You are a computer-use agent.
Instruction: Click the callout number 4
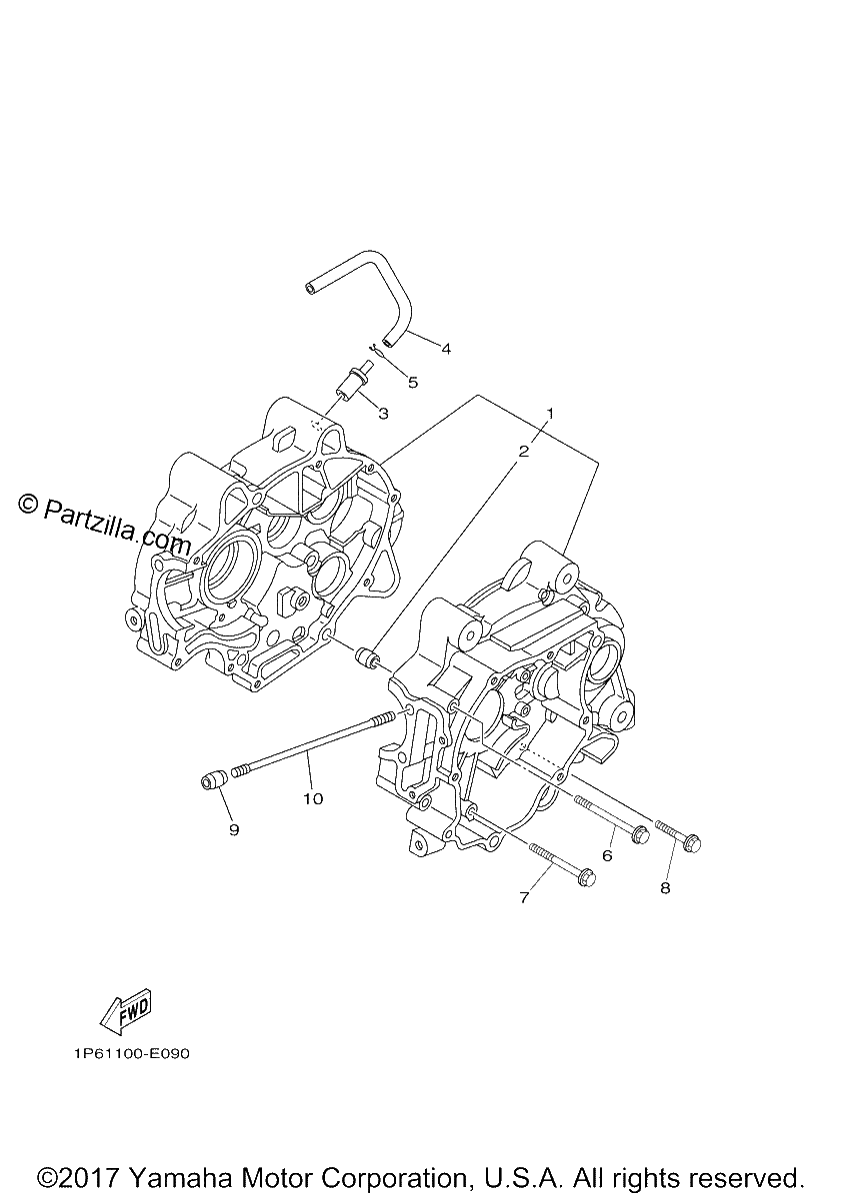(x=446, y=349)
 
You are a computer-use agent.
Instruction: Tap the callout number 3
(x=383, y=414)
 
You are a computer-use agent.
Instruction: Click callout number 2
(x=523, y=452)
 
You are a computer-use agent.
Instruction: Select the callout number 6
(x=607, y=856)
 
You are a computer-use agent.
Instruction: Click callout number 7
(x=524, y=897)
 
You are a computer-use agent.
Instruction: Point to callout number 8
(x=665, y=888)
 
